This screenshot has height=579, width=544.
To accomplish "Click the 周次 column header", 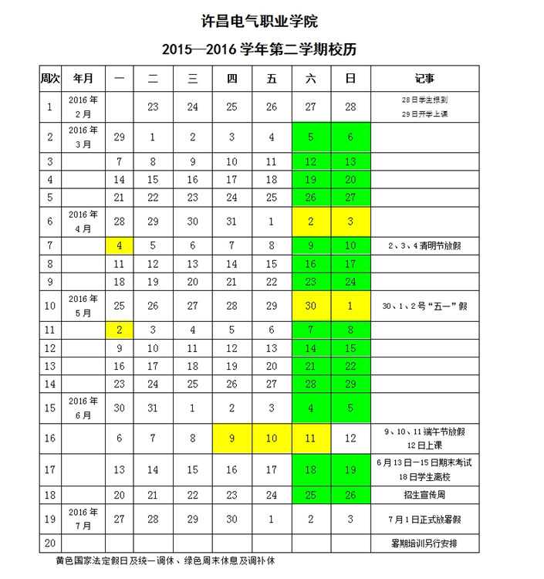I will click(x=50, y=78).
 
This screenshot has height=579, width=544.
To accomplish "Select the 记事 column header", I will click(x=424, y=78).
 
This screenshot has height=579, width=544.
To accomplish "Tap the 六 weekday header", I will click(x=311, y=78).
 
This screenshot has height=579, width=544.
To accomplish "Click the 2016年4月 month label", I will click(x=83, y=222).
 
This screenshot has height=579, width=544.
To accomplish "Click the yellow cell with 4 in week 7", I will click(x=119, y=246).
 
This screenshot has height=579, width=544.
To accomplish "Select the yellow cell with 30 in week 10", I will click(x=311, y=306).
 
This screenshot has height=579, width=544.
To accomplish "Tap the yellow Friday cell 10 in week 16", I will click(x=271, y=438).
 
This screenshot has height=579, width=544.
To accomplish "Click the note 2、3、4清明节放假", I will click(x=424, y=246).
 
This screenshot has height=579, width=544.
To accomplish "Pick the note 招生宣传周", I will click(x=424, y=494).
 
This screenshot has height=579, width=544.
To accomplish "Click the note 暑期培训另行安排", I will click(x=424, y=543).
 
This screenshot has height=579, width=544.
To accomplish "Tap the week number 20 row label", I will click(x=50, y=543).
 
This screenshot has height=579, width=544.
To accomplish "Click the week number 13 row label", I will click(x=50, y=366).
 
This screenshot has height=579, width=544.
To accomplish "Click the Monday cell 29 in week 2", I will click(x=119, y=137).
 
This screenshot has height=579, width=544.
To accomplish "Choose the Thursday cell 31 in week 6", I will click(x=231, y=222).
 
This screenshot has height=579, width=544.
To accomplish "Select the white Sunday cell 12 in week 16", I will click(x=351, y=438).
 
